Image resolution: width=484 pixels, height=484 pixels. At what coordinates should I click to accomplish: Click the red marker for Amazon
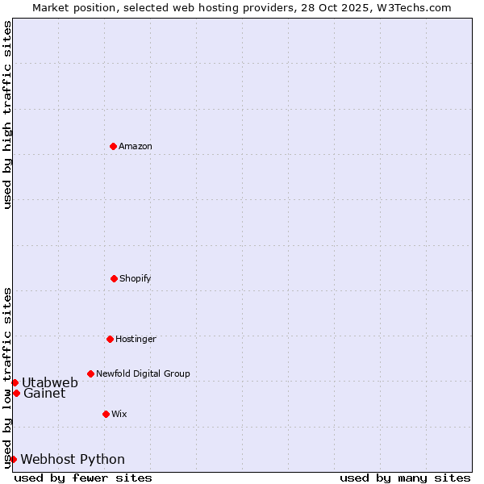coord(113,146)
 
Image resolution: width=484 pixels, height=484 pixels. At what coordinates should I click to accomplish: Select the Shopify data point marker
coord(114,278)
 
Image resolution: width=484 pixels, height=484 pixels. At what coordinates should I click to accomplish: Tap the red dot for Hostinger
coord(110,339)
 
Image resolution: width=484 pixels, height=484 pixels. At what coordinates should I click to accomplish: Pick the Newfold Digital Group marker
coord(90,373)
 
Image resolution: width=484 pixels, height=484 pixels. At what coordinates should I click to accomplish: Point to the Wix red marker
coord(106,414)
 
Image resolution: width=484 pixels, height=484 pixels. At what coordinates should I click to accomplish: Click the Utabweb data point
coord(15,382)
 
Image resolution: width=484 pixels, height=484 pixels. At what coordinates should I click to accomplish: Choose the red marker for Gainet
coord(16,393)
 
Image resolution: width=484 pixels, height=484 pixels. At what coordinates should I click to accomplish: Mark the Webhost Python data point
coord(13,459)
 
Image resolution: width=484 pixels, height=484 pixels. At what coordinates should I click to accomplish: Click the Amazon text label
coord(136,146)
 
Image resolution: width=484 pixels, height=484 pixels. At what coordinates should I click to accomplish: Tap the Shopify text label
coord(136,278)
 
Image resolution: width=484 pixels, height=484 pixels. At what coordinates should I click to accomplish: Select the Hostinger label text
coord(136,339)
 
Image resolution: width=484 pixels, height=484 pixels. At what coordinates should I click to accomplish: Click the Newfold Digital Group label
coord(143,373)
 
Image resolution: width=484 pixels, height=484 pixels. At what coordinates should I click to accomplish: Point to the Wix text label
coord(119,414)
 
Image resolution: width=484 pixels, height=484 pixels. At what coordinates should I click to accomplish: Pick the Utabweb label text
coord(50,382)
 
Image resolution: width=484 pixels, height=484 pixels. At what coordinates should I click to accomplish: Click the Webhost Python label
coord(73,459)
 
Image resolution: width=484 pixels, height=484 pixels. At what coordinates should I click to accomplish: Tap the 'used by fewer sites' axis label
coord(83,478)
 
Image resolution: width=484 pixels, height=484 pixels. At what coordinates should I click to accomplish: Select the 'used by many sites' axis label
coord(405,478)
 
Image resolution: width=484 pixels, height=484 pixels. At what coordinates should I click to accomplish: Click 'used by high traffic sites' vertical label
coord(7,115)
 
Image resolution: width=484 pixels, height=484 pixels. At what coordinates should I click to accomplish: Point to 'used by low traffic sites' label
coord(7,377)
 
